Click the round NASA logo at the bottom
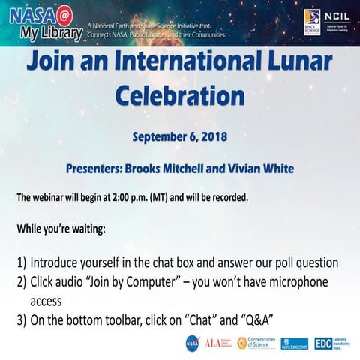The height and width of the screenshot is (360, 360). point(192,343)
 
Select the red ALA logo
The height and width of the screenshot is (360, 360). point(212,343)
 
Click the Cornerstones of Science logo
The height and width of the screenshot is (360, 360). point(254,343)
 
